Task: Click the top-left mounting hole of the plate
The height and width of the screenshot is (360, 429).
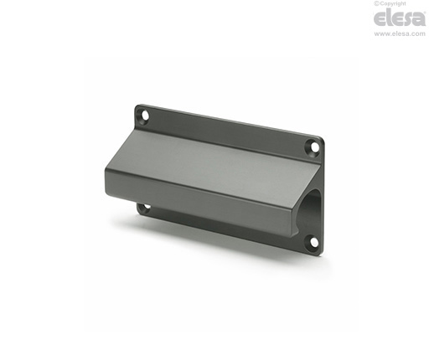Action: pos(146,115)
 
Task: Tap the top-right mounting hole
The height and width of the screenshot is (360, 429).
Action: pos(315,147)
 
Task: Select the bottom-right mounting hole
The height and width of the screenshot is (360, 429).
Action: pos(314,242)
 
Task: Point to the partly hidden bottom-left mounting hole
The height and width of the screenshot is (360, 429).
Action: pos(147,208)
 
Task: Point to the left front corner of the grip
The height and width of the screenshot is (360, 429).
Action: pos(106,169)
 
